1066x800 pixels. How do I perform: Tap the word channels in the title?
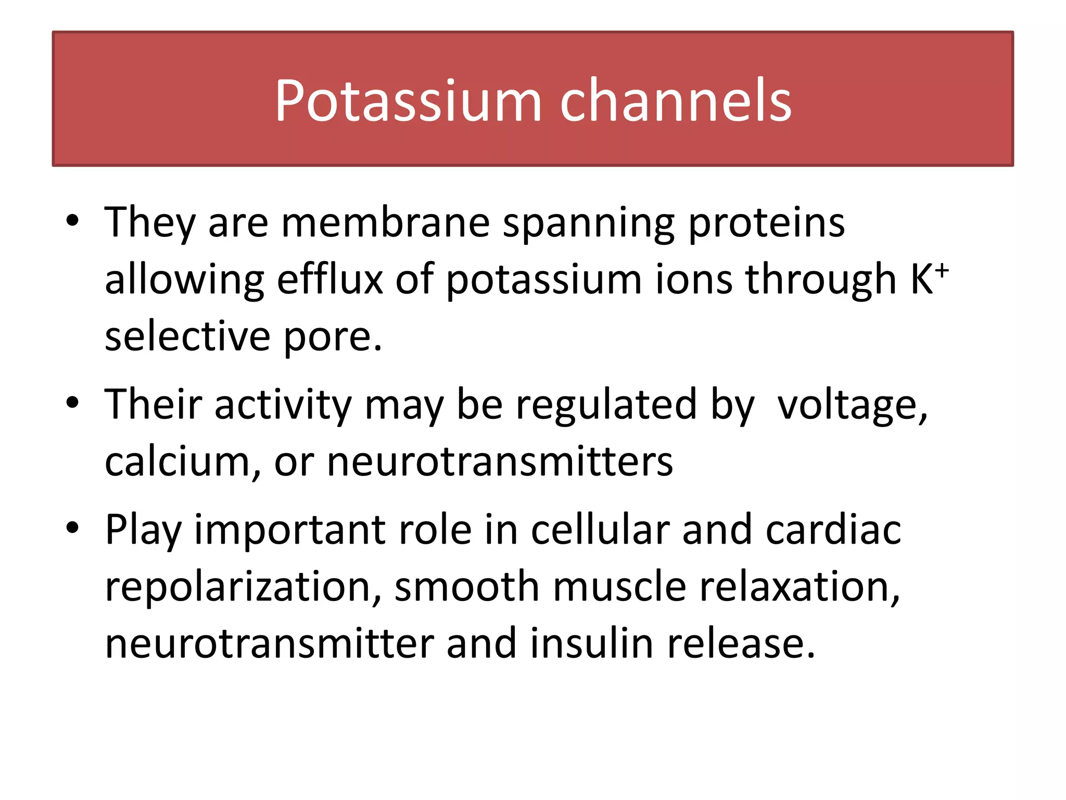point(675,101)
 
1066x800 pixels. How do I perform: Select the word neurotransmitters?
point(500,463)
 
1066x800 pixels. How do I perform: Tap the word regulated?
point(606,405)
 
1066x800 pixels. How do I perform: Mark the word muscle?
point(619,586)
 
